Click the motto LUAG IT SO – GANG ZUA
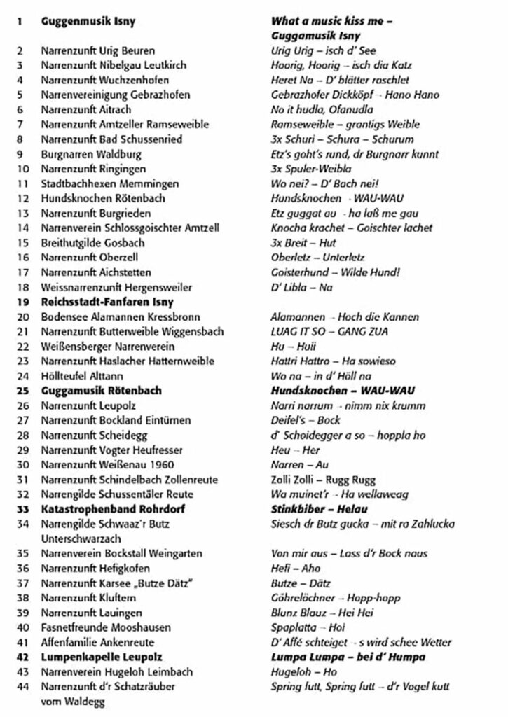(329, 331)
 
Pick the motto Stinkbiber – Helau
(319, 508)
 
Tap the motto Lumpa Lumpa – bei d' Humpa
(348, 657)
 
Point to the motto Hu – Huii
(293, 346)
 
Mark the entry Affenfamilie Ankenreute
(97, 642)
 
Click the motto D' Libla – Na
(301, 286)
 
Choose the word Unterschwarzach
(81, 538)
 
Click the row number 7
(21, 124)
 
